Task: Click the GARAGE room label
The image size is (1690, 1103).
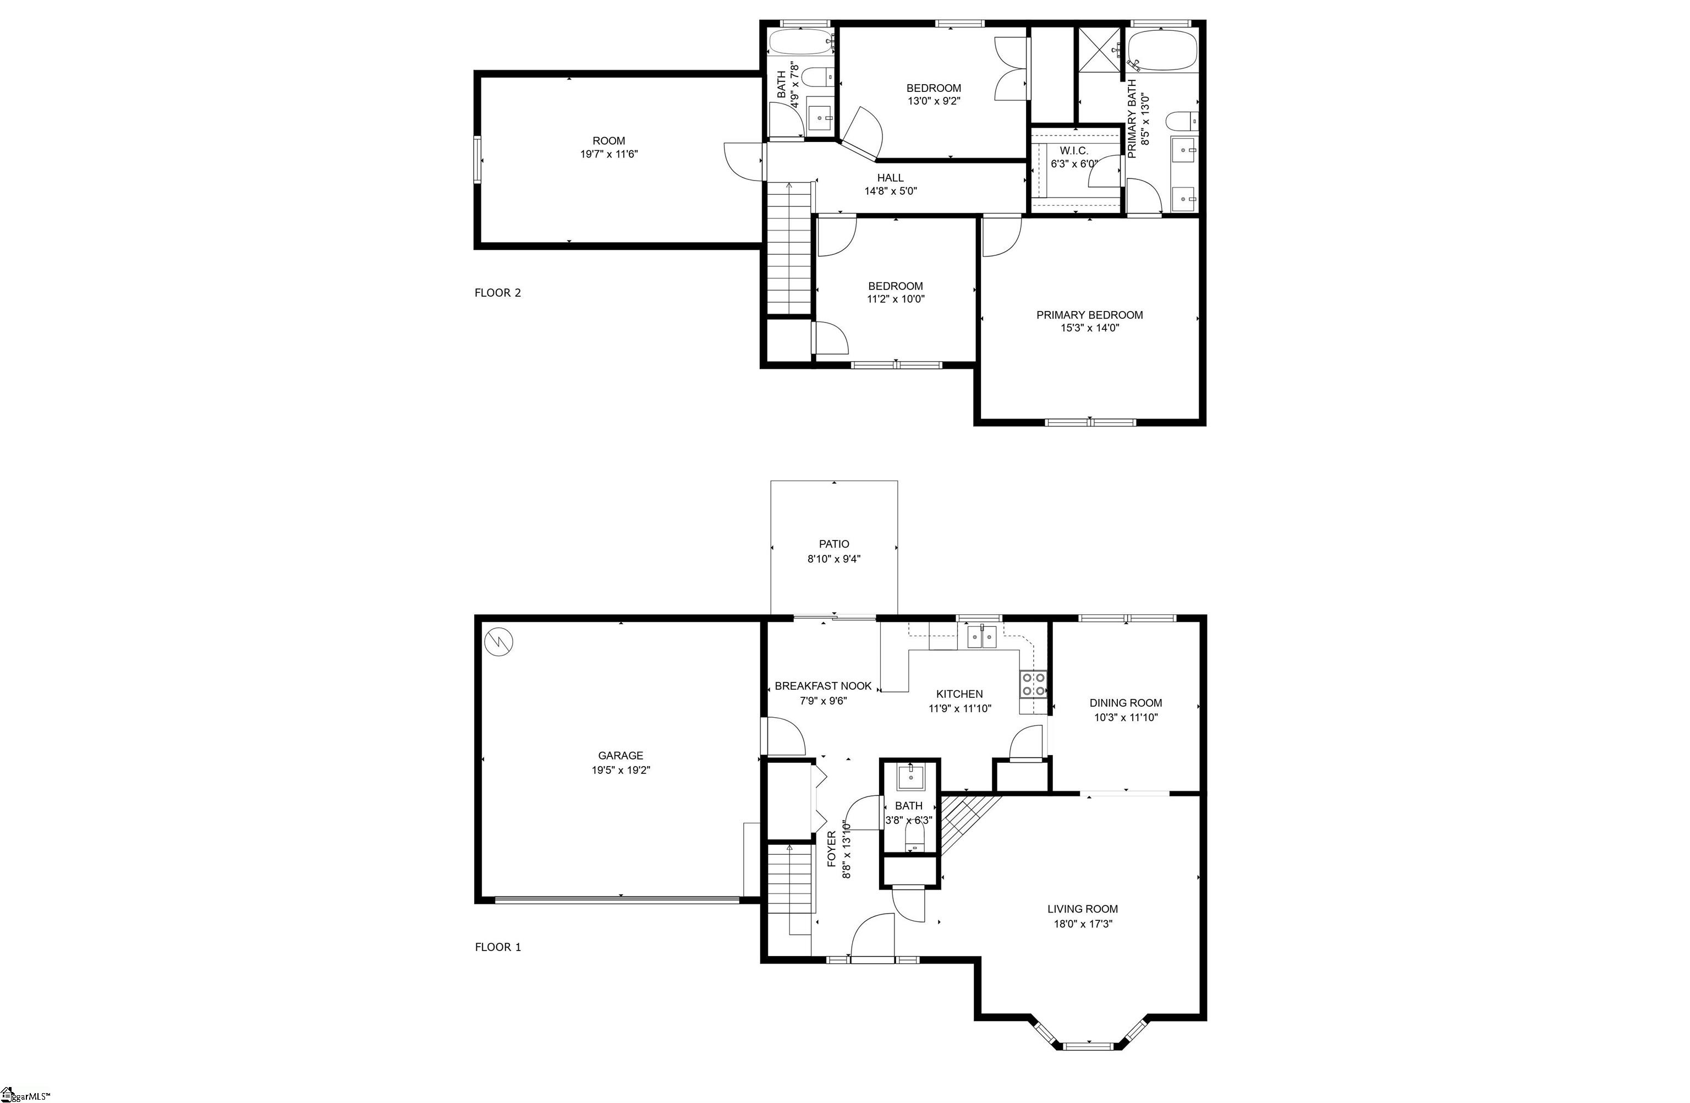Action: point(621,756)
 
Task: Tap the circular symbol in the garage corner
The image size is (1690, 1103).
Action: point(498,642)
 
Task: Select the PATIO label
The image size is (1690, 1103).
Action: point(833,544)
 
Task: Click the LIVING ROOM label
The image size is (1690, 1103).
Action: point(1082,909)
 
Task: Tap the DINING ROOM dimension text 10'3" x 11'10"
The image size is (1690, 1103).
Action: point(1126,717)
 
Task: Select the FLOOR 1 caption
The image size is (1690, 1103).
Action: point(498,947)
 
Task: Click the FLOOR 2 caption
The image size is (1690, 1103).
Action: point(498,293)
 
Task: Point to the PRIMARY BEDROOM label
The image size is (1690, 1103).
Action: point(1089,315)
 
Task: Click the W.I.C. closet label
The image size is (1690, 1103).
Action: point(1074,151)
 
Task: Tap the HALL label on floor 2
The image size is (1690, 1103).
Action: point(891,178)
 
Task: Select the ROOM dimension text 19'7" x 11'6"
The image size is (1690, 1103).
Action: point(608,154)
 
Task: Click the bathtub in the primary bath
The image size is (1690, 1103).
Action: point(1162,50)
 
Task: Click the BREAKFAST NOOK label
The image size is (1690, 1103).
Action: point(823,686)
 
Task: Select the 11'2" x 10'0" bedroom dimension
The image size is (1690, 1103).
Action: point(896,299)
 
